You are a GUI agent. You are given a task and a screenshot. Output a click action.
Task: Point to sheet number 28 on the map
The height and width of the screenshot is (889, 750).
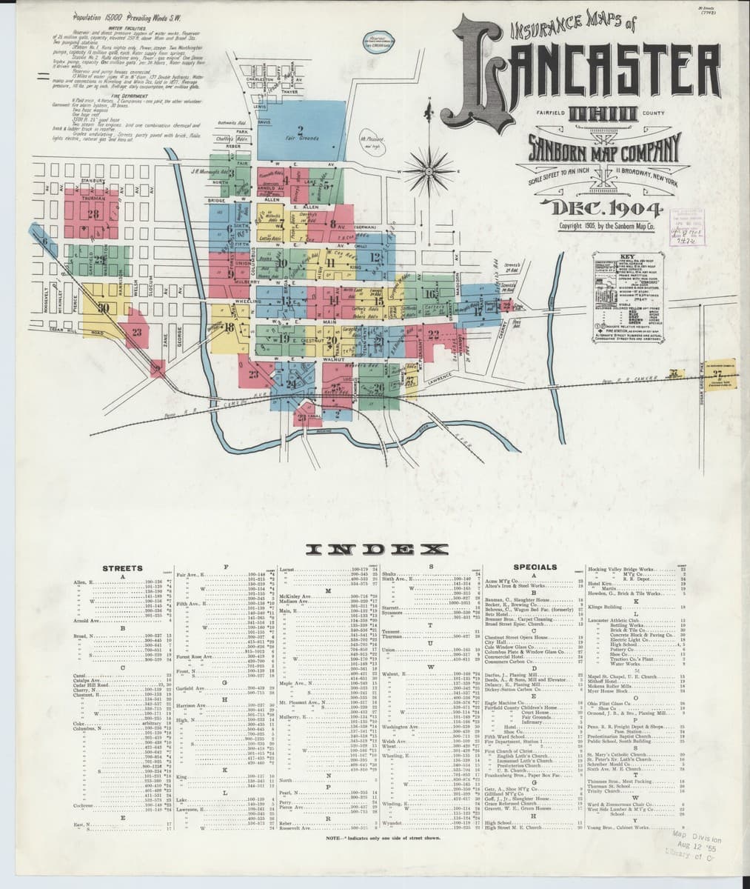tap(93, 215)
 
